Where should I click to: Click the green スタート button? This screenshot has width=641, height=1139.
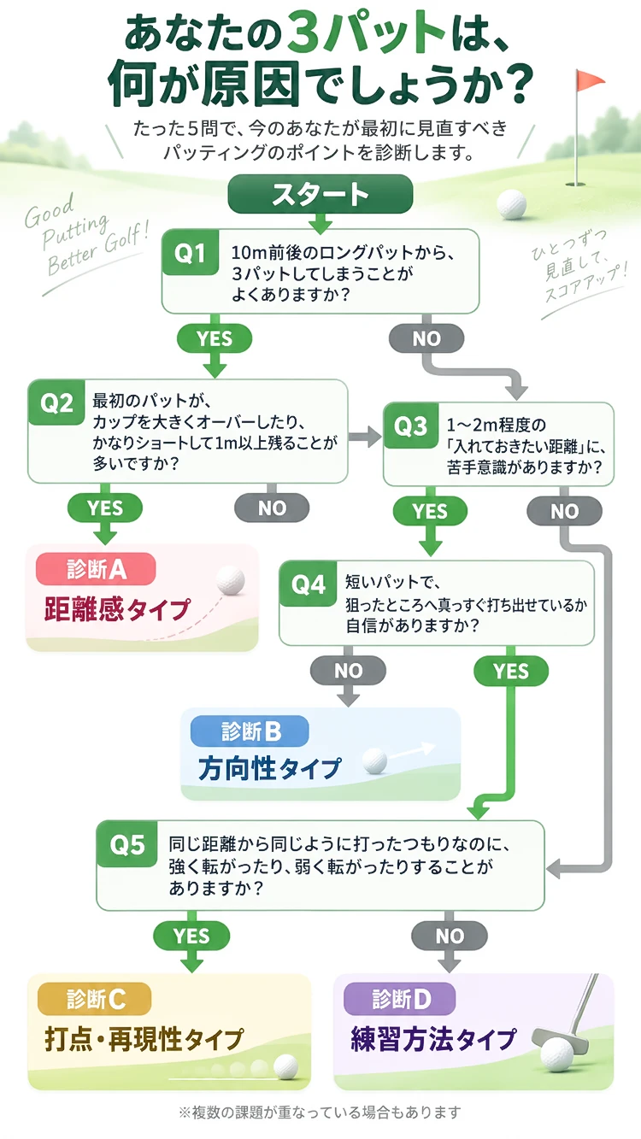coord(320,194)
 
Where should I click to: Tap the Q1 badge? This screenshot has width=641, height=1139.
coord(191,252)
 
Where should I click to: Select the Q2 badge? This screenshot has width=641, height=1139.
coord(56,402)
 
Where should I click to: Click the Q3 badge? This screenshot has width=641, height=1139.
coord(411,426)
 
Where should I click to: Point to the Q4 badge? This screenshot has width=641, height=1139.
coord(309,584)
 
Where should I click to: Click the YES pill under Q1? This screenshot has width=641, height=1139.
coord(215,338)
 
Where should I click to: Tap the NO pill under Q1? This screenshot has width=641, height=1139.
coord(426,338)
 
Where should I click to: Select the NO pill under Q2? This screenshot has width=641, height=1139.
coord(272,508)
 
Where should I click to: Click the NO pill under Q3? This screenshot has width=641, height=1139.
coord(565,511)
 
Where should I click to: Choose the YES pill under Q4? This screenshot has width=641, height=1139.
coord(511,672)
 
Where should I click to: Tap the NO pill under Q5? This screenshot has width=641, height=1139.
coord(450,936)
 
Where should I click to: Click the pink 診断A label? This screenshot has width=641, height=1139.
coord(96,569)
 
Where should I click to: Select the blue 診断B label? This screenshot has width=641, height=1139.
coord(250,731)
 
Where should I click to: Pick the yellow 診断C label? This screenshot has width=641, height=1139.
coord(95,999)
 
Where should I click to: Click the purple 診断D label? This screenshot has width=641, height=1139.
coord(400,999)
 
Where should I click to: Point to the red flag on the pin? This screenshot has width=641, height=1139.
coord(590,79)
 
